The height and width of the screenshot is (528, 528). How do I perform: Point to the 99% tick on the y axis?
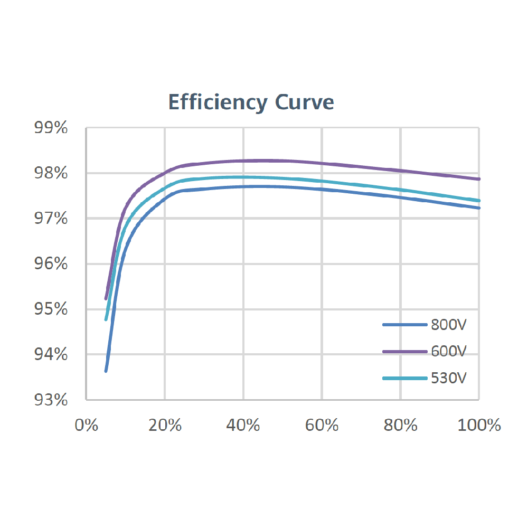point(51,128)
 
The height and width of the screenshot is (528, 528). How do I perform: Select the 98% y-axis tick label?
point(51,173)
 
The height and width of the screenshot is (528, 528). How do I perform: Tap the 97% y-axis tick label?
point(51,219)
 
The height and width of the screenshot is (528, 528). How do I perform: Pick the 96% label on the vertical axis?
point(51,264)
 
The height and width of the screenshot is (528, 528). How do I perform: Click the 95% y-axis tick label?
point(51,309)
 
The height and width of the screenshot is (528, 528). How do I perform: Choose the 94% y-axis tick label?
point(51,354)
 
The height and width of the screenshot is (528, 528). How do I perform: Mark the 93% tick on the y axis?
point(51,400)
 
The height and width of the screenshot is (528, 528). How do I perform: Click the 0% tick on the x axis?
point(86,425)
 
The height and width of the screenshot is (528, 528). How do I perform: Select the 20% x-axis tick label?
point(165,425)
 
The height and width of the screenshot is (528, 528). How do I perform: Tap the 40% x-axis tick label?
point(243,425)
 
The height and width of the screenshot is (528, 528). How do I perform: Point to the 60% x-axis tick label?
point(322,425)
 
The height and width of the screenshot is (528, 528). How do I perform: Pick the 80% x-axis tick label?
point(401,425)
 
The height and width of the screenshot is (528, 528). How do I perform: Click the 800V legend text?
point(449,325)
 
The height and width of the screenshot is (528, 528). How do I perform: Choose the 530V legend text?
point(449,379)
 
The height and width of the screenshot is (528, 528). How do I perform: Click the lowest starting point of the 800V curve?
point(106,371)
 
